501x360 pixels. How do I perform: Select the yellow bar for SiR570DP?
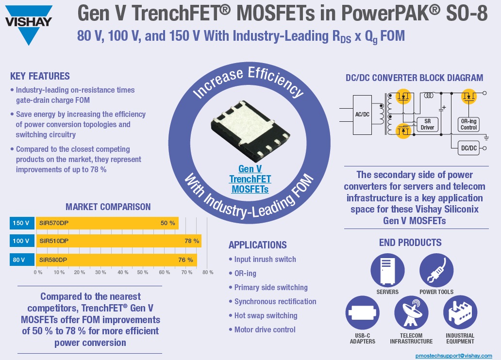click(107, 223)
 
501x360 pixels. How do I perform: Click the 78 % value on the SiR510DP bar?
click(192, 241)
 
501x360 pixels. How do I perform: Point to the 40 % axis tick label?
click(121, 272)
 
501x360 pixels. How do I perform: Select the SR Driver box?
click(428, 124)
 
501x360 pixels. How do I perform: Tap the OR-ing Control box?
click(468, 124)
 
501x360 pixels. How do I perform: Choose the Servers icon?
click(387, 270)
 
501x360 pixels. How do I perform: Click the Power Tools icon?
click(436, 270)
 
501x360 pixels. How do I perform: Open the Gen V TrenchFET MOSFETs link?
click(250, 179)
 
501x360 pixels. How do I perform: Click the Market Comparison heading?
click(108, 207)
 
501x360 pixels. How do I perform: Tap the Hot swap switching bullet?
click(266, 315)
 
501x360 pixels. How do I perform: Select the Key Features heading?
click(40, 76)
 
